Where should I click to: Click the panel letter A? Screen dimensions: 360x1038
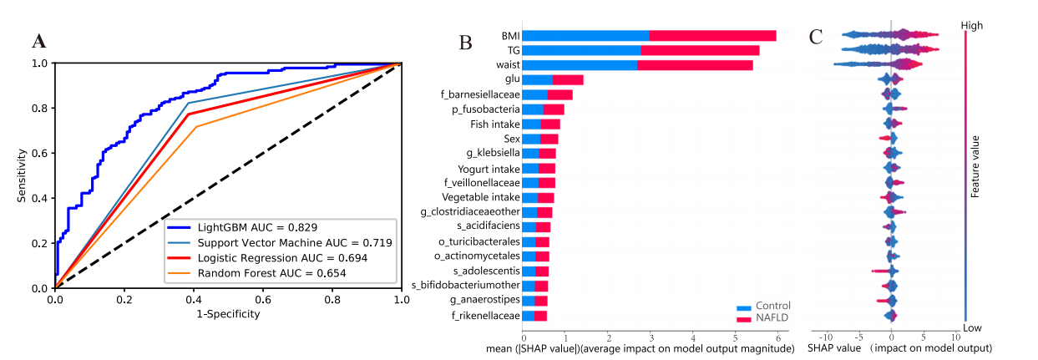pos(38,41)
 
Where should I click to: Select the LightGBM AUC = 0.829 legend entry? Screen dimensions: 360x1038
pos(257,227)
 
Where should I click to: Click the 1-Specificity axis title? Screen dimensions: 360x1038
pos(228,314)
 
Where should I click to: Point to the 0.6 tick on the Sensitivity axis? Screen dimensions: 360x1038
pos(39,153)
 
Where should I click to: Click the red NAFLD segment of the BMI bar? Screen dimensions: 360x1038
pos(712,35)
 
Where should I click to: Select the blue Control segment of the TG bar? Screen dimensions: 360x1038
pos(581,50)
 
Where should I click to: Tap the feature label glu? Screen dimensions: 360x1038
pos(512,79)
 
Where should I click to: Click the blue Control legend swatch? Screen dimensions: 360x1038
pos(744,307)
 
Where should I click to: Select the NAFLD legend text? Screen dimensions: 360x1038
pos(773,318)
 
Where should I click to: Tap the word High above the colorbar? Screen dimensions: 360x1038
pos(971,26)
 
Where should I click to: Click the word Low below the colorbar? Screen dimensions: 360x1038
pos(970,327)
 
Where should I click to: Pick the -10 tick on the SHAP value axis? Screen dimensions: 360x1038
pos(823,337)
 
